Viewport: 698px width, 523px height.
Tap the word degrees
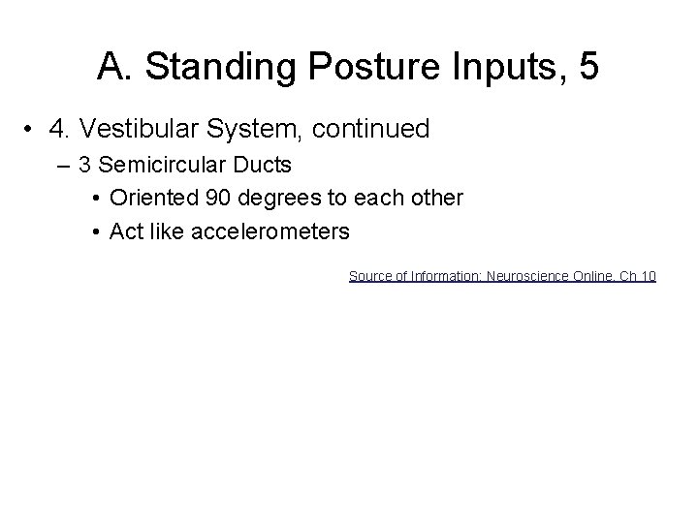tap(270, 199)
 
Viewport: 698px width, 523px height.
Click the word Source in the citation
tap(368, 276)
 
